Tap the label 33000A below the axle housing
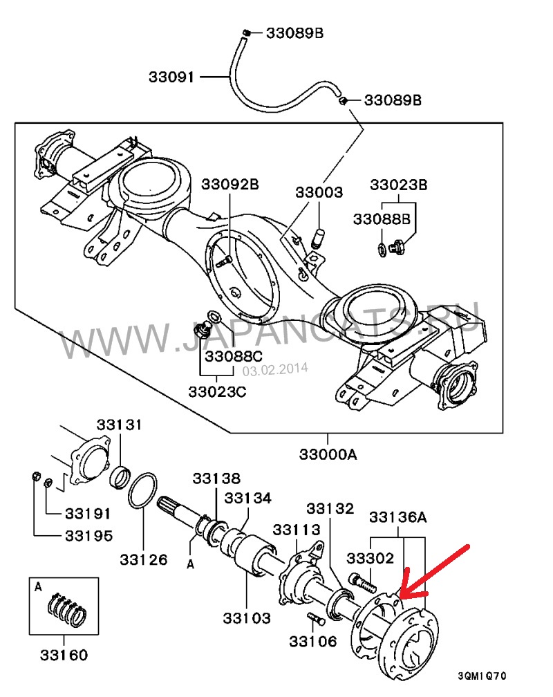(328, 454)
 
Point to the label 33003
(319, 192)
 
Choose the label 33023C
(217, 391)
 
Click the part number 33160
(64, 653)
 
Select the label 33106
(313, 642)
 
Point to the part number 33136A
(397, 517)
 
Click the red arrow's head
(402, 595)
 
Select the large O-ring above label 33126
(144, 491)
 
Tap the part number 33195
(89, 536)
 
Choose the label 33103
(247, 617)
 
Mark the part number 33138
(216, 478)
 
